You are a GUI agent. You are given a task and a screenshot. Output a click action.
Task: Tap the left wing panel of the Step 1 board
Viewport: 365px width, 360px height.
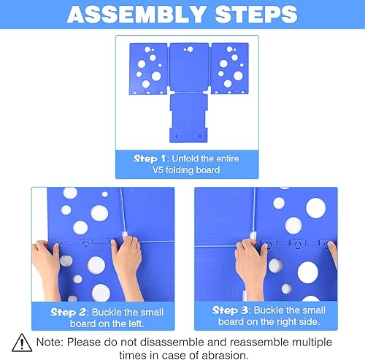pyautogui.click(x=148, y=66)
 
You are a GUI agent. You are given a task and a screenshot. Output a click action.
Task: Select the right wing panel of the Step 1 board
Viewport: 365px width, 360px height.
pyautogui.click(x=230, y=66)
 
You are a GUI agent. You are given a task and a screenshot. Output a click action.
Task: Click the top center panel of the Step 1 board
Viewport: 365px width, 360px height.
pyautogui.click(x=189, y=66)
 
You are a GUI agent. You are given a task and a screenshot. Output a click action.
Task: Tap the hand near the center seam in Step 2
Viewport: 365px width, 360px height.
pyautogui.click(x=127, y=251)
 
